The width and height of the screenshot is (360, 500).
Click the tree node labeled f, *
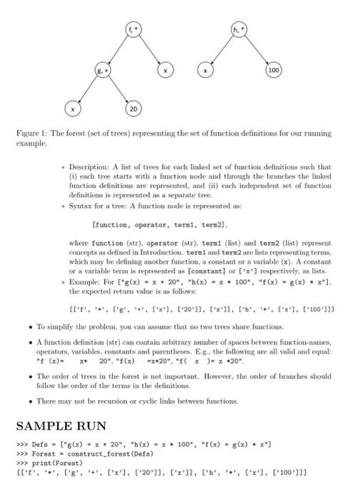click(x=130, y=30)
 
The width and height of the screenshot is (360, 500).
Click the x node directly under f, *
click(x=165, y=70)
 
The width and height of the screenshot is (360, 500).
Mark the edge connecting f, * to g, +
click(x=111, y=50)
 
